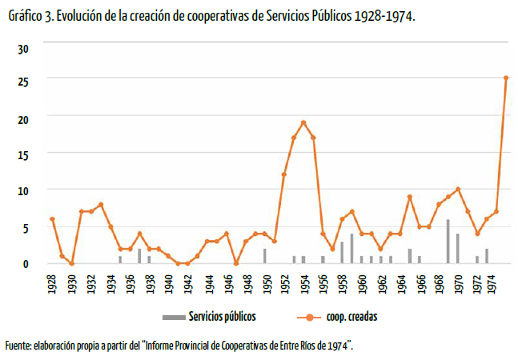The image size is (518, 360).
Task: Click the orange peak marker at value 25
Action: click(506, 78)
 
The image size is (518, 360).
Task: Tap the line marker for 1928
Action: click(52, 218)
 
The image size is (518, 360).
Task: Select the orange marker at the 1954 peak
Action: click(303, 122)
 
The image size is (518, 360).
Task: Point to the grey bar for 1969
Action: click(448, 241)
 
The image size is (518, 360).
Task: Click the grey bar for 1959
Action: click(351, 248)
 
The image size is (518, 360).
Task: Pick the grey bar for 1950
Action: click(264, 255)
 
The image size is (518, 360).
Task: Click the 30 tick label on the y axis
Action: click(23, 49)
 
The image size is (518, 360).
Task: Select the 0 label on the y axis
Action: click(26, 263)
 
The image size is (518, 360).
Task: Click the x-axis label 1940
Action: click(169, 285)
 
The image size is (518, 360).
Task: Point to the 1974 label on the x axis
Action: click(497, 285)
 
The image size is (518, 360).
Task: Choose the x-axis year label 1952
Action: click(284, 285)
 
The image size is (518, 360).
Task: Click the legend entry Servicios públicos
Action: click(221, 316)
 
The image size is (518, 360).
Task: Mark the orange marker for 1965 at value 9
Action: click(409, 197)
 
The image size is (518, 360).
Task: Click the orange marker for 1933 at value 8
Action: click(101, 204)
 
